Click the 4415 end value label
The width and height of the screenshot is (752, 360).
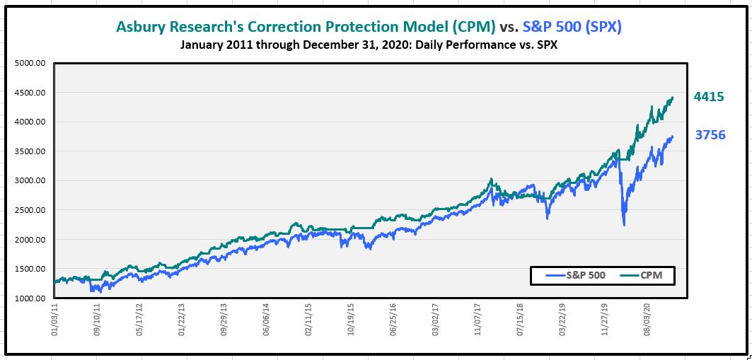click(x=709, y=97)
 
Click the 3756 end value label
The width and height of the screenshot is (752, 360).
click(x=710, y=134)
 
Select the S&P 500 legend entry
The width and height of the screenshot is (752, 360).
click(x=576, y=275)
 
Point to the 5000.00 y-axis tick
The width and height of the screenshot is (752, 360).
click(x=30, y=63)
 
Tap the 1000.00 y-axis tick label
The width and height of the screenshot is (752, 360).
click(x=30, y=298)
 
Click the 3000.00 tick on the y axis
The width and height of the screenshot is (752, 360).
click(x=30, y=180)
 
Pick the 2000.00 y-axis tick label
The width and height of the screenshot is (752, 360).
click(x=30, y=240)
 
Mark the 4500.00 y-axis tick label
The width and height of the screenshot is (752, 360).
click(x=30, y=93)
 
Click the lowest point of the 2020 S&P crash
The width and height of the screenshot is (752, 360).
click(x=624, y=224)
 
